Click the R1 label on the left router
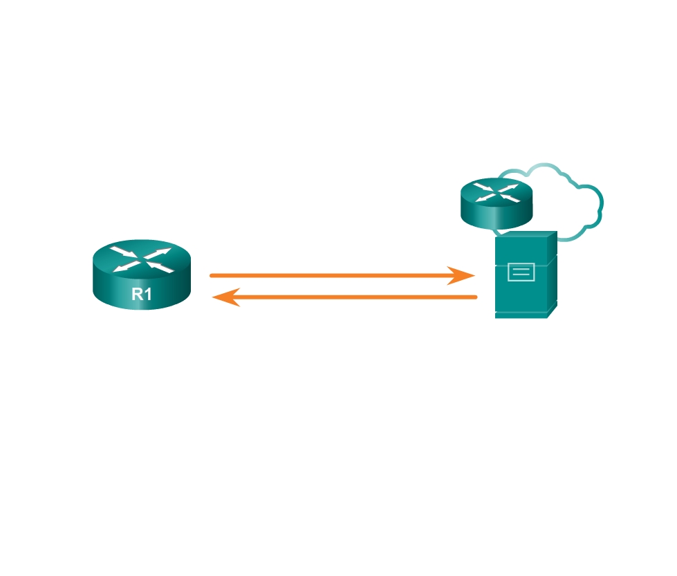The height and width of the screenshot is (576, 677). (x=142, y=294)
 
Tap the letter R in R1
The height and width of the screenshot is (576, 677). (x=138, y=294)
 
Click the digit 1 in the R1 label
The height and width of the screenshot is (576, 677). (x=148, y=294)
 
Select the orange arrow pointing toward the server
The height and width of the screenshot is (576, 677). (x=342, y=275)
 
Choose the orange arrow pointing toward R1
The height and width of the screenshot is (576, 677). (x=344, y=297)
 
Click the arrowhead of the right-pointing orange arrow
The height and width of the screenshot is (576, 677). (x=461, y=275)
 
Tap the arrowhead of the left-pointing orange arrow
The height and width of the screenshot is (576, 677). (x=226, y=297)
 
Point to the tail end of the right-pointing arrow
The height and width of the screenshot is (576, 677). (x=211, y=275)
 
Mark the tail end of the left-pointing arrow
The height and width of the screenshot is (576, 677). (x=476, y=297)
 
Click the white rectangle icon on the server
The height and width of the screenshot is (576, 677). (x=521, y=272)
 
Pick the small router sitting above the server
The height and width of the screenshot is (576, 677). (x=497, y=203)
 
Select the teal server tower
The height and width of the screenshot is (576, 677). (x=526, y=275)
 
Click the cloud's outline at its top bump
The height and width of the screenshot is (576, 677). (x=544, y=164)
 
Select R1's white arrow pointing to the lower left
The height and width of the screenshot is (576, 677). (x=126, y=267)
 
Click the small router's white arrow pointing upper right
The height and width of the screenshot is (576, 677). (x=508, y=188)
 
